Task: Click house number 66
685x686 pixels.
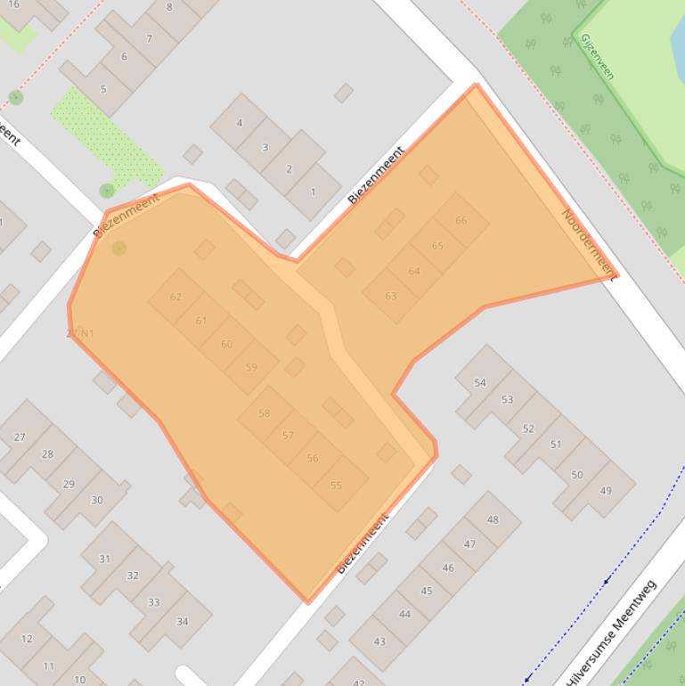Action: [x=461, y=221]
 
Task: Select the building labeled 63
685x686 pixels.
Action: [x=390, y=296]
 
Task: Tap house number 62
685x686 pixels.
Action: [x=175, y=297]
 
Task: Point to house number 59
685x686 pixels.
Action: [x=251, y=367]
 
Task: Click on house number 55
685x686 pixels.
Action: [x=336, y=486]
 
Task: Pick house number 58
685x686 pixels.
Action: [x=264, y=413]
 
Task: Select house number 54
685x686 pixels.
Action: [x=480, y=383]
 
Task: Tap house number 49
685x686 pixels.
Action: [x=606, y=491]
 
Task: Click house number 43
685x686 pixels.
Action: [x=379, y=641]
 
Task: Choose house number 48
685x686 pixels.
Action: [x=493, y=519]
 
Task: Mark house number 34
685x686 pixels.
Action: [x=183, y=622]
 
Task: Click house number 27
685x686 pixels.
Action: [x=20, y=437]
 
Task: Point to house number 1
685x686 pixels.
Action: [x=313, y=192]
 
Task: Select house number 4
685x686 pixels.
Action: [x=239, y=123]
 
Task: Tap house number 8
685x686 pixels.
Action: [x=169, y=7]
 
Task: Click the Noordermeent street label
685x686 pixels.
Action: [x=588, y=242]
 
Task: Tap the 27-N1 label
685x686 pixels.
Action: [x=80, y=333]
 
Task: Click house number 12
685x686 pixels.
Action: [x=27, y=638]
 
